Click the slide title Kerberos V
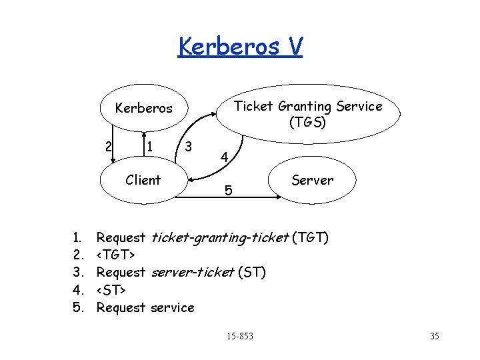pos(240,47)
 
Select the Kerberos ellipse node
pos(143,108)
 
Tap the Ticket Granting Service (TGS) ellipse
pos(308,114)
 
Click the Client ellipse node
pos(143,180)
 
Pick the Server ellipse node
pos(312,180)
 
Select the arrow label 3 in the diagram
pos(189,146)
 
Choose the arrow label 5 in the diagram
pos(228,191)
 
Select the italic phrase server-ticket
pos(193,272)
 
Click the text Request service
pos(145,307)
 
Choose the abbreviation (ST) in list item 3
pos(251,272)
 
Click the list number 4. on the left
pos(79,290)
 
